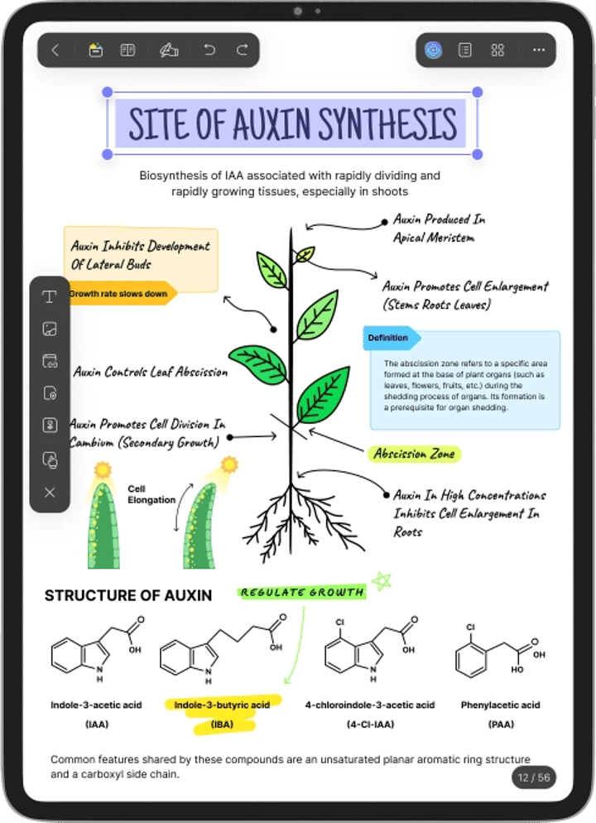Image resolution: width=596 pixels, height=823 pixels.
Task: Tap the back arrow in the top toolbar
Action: (55, 50)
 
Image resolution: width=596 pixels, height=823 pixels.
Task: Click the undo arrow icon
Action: (209, 50)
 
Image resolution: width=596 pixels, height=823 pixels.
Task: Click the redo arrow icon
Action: (242, 50)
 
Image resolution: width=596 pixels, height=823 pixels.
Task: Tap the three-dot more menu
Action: (539, 50)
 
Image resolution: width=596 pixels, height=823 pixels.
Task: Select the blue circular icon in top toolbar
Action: (433, 50)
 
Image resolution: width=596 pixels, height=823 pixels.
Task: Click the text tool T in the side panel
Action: (50, 297)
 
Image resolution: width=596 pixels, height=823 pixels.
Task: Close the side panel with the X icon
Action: (50, 493)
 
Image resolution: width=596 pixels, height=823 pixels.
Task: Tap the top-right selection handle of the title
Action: (477, 93)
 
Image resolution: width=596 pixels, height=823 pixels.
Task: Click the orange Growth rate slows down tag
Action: (121, 294)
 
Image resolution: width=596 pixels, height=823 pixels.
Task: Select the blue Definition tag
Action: (391, 338)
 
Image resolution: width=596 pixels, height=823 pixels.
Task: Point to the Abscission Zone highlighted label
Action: (414, 454)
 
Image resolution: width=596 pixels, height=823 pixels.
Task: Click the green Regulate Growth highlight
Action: (301, 593)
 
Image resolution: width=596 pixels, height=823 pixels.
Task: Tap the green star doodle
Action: (382, 581)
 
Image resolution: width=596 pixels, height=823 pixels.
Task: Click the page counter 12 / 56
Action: (534, 777)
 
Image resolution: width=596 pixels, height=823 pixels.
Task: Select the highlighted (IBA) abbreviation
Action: (222, 724)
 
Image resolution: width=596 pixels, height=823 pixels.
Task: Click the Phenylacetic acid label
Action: (500, 705)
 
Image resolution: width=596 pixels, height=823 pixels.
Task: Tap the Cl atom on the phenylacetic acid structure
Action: (471, 628)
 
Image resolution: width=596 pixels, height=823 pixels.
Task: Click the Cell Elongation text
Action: (151, 494)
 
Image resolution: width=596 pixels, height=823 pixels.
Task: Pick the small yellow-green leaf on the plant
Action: (305, 255)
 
